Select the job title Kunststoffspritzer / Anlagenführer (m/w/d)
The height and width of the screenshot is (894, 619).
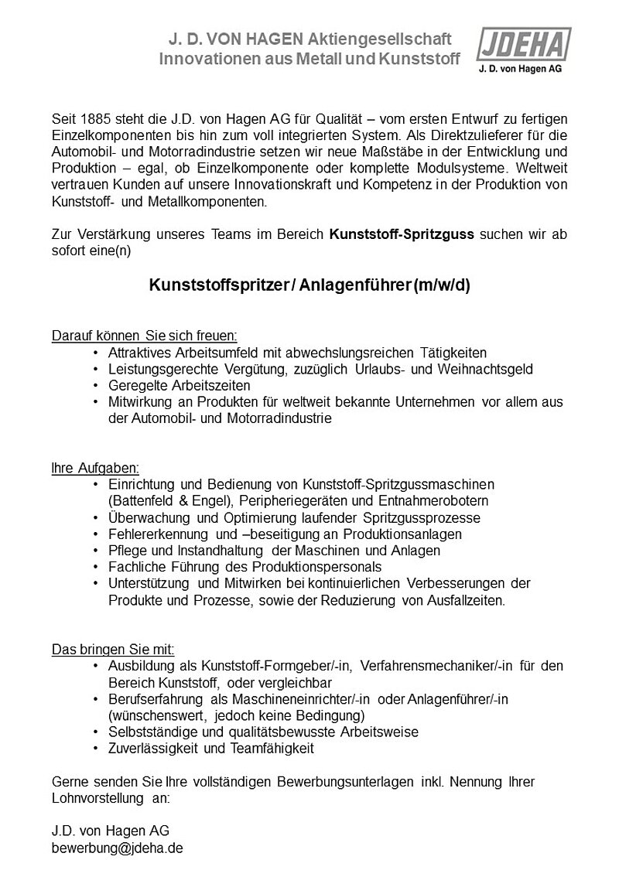point(309,285)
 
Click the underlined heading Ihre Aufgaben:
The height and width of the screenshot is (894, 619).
point(95,468)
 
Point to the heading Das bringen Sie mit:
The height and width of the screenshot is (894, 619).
point(113,648)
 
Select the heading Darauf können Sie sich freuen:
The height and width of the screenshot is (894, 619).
point(144,336)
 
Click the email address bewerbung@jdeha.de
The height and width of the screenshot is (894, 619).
point(118,847)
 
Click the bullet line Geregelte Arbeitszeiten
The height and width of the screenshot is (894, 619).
point(180,385)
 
